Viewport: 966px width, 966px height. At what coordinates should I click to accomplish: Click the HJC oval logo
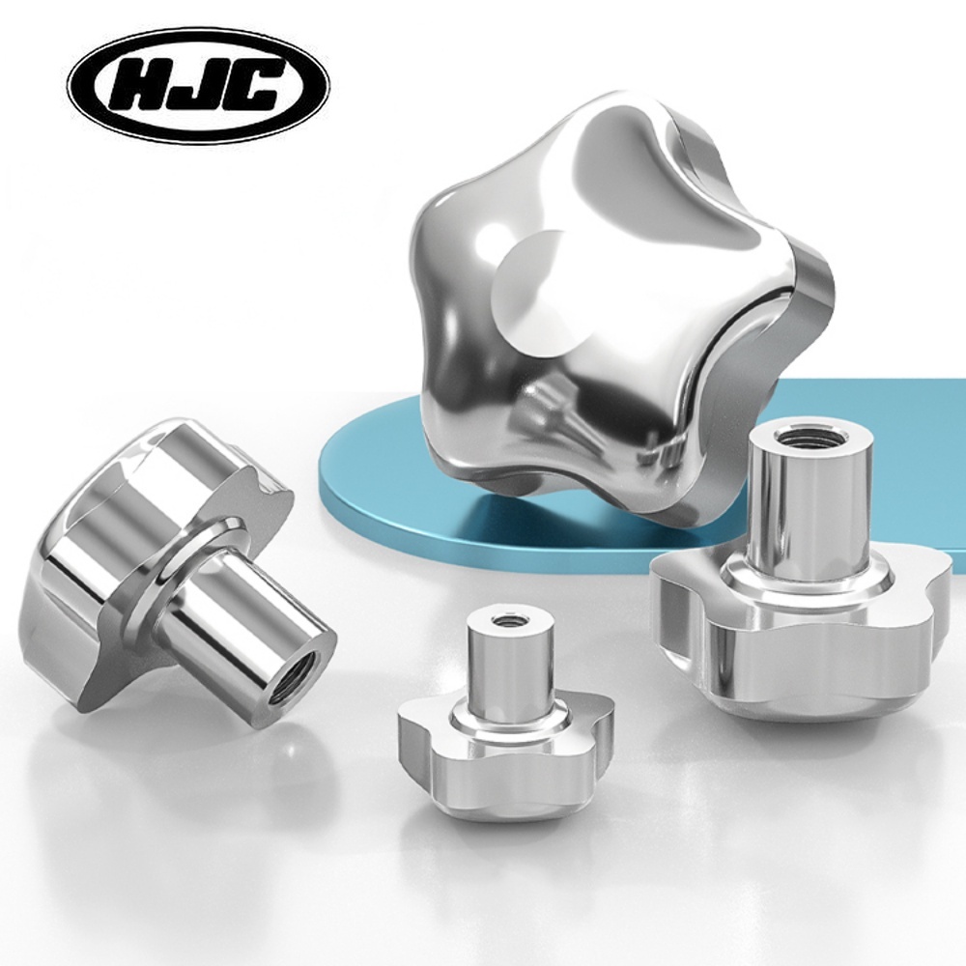tap(199, 88)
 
